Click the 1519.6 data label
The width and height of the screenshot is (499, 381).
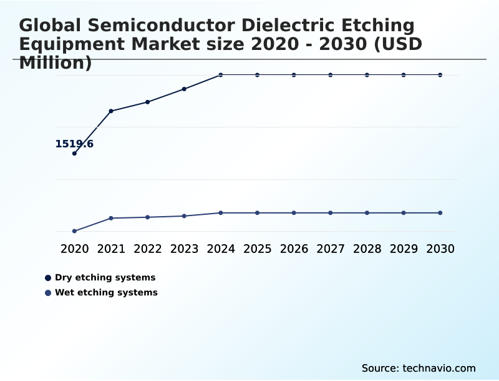tap(74, 144)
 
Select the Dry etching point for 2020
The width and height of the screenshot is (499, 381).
tap(74, 153)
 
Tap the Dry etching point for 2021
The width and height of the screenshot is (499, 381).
tap(111, 111)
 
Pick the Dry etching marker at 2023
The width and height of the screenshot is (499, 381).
tap(184, 89)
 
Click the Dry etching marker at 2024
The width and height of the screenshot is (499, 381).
tap(221, 75)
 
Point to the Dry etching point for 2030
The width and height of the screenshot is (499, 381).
tap(440, 75)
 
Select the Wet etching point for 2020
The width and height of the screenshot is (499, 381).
tap(74, 231)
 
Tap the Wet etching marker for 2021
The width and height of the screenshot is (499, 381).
tap(111, 218)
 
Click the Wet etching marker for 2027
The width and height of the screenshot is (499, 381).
tap(331, 213)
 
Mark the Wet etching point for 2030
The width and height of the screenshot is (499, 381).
tap(440, 213)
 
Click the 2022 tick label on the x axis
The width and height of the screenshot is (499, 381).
tap(148, 249)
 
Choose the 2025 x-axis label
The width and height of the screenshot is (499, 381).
tap(257, 249)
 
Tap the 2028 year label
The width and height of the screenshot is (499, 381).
tap(367, 249)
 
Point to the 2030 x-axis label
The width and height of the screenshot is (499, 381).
tap(440, 249)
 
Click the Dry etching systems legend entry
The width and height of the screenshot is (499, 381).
tap(105, 277)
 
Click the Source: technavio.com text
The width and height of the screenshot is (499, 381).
tap(419, 368)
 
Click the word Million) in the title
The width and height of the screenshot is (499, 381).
tap(56, 62)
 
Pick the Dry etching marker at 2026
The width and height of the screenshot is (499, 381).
tap(294, 75)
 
